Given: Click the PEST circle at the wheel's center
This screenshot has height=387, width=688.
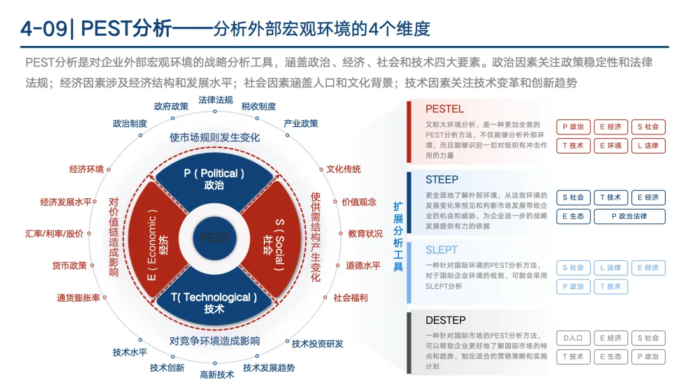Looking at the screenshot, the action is (214, 238).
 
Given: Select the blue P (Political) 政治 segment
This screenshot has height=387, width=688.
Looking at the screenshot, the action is (214, 179).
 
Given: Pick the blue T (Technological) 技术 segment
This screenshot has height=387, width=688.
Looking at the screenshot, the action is (214, 302).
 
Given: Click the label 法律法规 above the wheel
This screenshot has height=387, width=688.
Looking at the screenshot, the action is (215, 100).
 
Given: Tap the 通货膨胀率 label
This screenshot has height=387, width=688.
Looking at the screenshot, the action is (78, 298).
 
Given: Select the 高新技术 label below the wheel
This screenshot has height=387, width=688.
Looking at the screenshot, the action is (217, 374).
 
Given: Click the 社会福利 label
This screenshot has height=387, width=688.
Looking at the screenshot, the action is (350, 298).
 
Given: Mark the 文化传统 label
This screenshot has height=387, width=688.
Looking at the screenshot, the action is (343, 169).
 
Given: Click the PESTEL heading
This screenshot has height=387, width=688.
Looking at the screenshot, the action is (445, 109).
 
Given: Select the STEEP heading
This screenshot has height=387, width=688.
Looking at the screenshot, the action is (441, 180).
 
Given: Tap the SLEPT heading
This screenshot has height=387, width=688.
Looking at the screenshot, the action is (441, 250).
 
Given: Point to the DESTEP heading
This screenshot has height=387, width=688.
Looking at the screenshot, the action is (445, 320).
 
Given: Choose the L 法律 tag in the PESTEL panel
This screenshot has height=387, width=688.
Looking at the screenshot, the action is (649, 145).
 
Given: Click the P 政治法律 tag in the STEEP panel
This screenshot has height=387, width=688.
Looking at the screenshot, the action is (629, 216).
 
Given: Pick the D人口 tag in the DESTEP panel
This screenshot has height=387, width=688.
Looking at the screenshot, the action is (573, 338).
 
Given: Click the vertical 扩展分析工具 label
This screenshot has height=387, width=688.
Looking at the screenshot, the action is (398, 236).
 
